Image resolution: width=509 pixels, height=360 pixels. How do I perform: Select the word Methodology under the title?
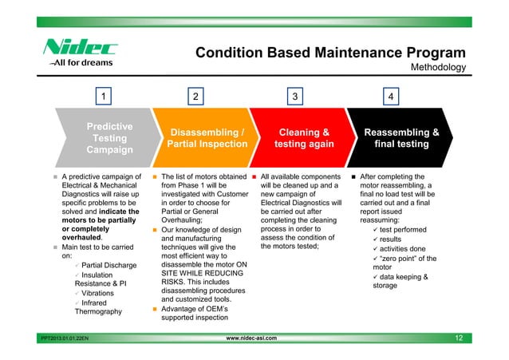click(437, 68)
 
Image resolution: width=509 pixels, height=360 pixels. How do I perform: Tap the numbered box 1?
click(103, 97)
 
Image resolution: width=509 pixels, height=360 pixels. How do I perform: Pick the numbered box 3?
click(295, 97)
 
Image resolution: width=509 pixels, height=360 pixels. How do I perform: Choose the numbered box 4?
click(389, 97)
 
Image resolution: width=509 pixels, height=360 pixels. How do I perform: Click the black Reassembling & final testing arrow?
click(400, 138)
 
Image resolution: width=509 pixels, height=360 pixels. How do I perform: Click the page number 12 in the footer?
click(459, 338)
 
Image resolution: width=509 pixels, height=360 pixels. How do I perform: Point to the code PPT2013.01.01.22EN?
click(65, 339)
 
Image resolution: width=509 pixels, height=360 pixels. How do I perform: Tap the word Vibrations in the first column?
click(98, 293)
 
